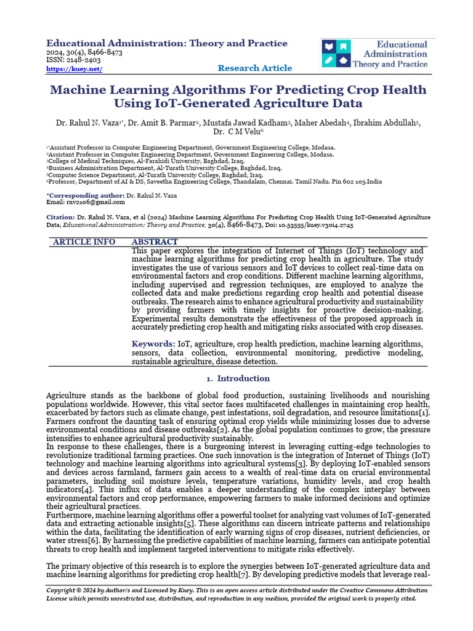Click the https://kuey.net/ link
74,69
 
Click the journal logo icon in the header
336,54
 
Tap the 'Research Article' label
255,68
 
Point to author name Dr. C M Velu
238,131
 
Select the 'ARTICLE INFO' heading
84,242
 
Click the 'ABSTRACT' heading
155,242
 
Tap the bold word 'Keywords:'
153,344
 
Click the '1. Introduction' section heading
236,378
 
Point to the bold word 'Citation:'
60,218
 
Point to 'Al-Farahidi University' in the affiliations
156,160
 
